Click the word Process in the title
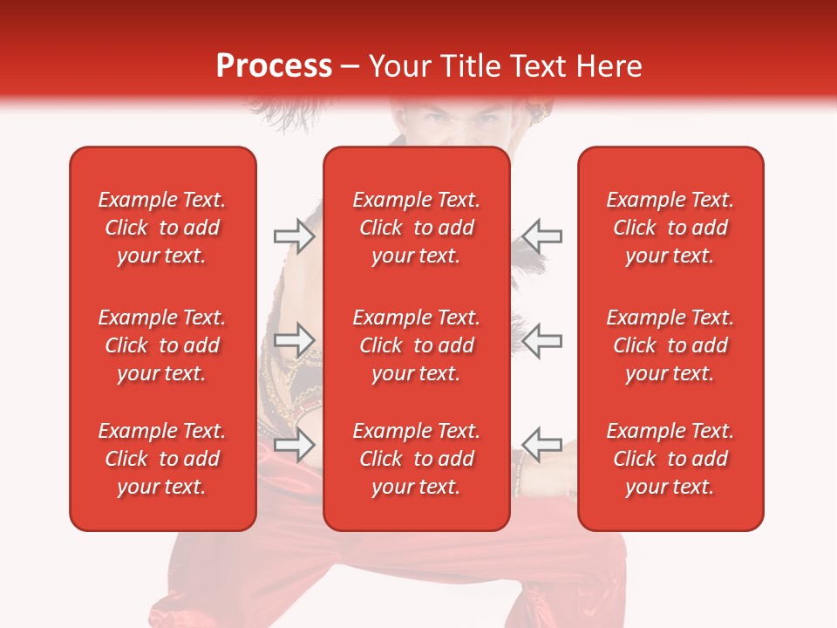click(x=274, y=66)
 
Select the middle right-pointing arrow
click(x=294, y=339)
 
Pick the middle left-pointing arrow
click(x=542, y=339)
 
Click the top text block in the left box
click(x=162, y=228)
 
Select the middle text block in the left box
click(x=162, y=345)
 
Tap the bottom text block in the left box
click(x=162, y=459)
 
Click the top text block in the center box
click(x=416, y=228)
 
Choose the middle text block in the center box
click(x=416, y=345)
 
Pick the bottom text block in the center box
click(x=416, y=459)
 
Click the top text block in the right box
click(x=670, y=228)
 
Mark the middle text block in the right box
click(x=670, y=345)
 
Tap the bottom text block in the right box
click(x=670, y=459)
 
